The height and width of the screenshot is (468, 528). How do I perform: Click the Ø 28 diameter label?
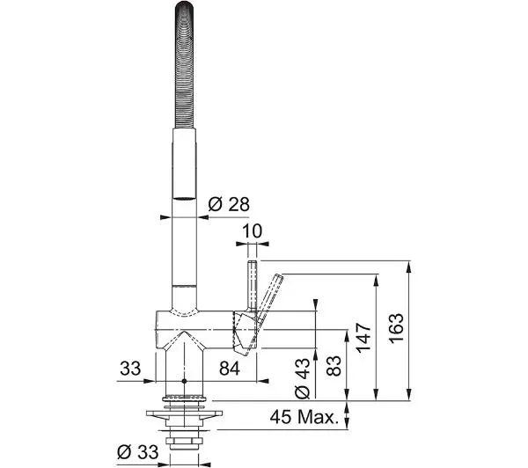[229, 204]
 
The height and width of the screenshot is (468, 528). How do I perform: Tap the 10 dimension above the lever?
[252, 231]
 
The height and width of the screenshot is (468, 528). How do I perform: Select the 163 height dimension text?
[396, 328]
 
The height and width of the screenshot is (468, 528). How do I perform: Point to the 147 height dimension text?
[363, 338]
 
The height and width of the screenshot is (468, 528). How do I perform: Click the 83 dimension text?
[334, 366]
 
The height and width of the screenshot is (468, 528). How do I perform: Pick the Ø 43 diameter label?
[302, 378]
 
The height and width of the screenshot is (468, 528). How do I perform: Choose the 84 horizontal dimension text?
[230, 369]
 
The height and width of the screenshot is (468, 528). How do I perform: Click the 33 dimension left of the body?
[130, 369]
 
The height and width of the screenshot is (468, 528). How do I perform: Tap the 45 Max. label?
[304, 417]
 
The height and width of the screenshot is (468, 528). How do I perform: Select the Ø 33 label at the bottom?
[138, 452]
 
